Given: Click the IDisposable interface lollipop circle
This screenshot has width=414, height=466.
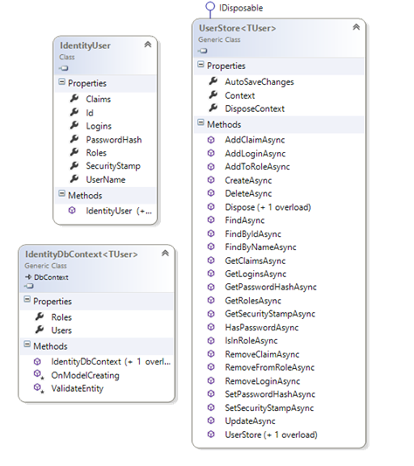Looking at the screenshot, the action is (x=210, y=6).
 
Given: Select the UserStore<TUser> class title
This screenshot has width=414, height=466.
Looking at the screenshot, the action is (x=238, y=28).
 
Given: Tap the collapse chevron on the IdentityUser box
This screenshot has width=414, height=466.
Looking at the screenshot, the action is (x=148, y=45).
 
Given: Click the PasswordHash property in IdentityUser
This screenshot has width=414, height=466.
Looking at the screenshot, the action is (x=114, y=140).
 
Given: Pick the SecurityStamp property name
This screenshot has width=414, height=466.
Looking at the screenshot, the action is (x=114, y=166).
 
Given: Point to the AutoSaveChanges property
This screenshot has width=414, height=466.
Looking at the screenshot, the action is (x=259, y=82).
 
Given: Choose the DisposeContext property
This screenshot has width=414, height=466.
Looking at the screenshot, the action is (x=254, y=108).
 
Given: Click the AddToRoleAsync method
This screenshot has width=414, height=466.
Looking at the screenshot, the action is (x=257, y=167).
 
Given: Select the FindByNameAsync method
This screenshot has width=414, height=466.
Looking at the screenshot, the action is (x=260, y=247).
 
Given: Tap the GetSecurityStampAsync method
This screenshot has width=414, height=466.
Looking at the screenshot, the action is (x=270, y=314).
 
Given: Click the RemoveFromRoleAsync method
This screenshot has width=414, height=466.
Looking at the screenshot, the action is (x=270, y=367).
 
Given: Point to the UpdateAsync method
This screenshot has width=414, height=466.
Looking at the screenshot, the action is (x=250, y=421).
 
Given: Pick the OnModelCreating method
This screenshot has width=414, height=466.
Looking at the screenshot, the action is (x=86, y=375).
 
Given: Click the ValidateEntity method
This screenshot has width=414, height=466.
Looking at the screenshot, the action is (x=77, y=388).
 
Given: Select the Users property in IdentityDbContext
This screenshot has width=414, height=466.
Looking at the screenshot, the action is (x=61, y=330).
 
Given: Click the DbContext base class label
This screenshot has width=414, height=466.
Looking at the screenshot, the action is (x=51, y=277).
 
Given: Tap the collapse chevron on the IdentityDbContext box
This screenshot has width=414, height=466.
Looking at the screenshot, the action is (x=165, y=254).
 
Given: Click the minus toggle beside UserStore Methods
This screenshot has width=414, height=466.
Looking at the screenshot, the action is (x=201, y=122).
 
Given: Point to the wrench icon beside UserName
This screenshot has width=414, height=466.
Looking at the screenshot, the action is (x=74, y=178).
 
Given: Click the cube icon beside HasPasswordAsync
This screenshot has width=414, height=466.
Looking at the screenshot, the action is (x=210, y=327).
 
